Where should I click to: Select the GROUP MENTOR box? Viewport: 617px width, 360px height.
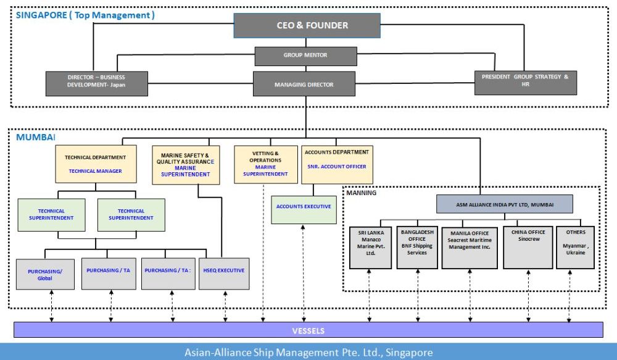point(305,56)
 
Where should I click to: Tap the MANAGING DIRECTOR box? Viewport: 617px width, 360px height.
point(304,84)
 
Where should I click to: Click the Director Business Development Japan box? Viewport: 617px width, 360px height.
point(96,83)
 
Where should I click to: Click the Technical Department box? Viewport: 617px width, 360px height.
point(96,164)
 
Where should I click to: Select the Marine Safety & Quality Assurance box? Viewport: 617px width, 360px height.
point(185,165)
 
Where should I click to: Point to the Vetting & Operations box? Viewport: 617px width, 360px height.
point(265,164)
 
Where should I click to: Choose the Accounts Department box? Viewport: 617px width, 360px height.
point(337,164)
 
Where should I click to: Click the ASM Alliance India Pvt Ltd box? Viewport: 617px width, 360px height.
point(505,204)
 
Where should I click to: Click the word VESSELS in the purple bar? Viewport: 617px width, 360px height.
point(308,330)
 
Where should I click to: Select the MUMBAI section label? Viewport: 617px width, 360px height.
point(35,136)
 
